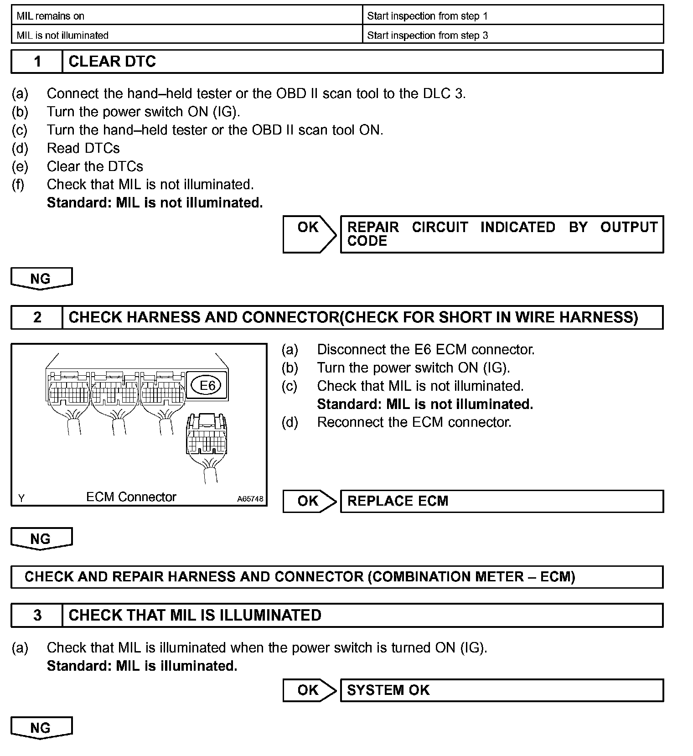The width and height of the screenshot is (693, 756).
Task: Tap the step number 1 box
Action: click(37, 62)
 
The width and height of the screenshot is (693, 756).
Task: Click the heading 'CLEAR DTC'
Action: click(112, 62)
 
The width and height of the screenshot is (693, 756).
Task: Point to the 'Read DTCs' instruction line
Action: click(83, 148)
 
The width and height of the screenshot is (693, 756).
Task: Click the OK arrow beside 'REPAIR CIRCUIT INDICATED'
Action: click(309, 234)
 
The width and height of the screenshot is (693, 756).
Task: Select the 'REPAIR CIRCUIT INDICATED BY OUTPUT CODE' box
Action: click(502, 234)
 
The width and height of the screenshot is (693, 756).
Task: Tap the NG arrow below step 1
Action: click(41, 279)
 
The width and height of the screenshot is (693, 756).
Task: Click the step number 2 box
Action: click(37, 317)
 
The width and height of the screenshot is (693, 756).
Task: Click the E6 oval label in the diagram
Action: click(207, 386)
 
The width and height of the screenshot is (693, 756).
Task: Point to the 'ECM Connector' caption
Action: click(131, 497)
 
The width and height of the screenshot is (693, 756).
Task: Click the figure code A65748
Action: click(250, 499)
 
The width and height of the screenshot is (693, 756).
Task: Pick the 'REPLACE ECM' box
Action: click(502, 501)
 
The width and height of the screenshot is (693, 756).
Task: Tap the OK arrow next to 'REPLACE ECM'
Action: click(309, 501)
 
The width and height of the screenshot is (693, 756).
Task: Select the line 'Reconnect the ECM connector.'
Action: click(414, 422)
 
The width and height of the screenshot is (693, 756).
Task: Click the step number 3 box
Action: click(37, 615)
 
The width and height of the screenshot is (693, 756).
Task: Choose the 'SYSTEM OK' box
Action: click(502, 690)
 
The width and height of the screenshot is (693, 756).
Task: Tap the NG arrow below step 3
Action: click(41, 728)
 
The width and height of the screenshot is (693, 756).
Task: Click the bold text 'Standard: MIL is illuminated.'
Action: click(142, 666)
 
